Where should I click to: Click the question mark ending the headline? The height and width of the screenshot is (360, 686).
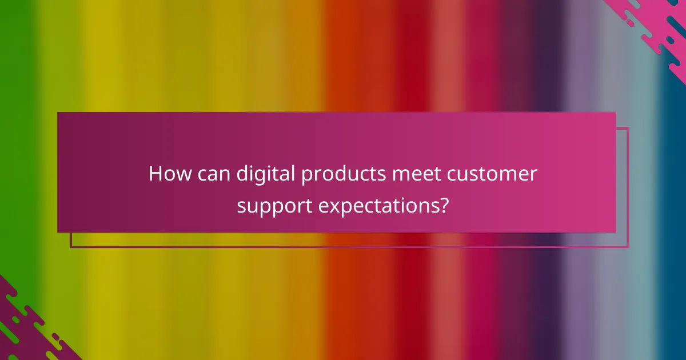click(443, 205)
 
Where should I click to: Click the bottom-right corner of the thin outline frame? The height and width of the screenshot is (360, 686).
click(628, 247)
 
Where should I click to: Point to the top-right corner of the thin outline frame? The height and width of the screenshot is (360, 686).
click(628, 128)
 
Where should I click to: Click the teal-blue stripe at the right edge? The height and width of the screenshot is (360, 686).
click(675, 171)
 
